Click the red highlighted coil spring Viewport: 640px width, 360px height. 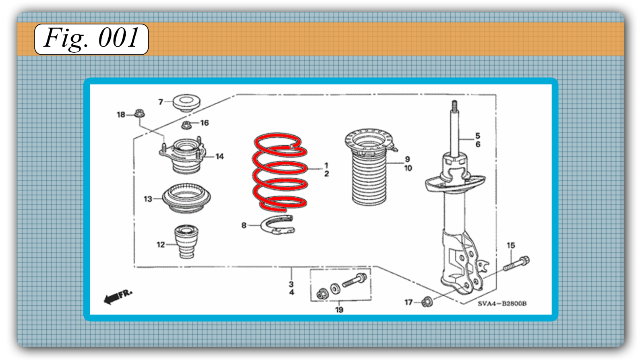click(x=280, y=171)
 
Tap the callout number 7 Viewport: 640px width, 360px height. click(x=161, y=102)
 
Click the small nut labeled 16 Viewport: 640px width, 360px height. click(x=186, y=125)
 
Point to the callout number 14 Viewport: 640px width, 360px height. click(x=220, y=156)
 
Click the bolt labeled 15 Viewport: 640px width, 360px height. click(x=516, y=263)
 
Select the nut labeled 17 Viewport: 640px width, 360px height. click(x=427, y=301)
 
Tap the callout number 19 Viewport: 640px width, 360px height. click(x=339, y=310)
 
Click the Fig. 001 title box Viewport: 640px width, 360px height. click(x=91, y=39)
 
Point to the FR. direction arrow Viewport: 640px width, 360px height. click(x=117, y=296)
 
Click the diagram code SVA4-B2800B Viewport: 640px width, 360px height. click(x=502, y=304)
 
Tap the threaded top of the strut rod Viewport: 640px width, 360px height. click(x=454, y=106)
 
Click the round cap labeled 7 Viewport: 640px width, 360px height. click(x=186, y=102)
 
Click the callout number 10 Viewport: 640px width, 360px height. click(x=408, y=168)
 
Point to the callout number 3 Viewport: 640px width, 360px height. click(x=291, y=284)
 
